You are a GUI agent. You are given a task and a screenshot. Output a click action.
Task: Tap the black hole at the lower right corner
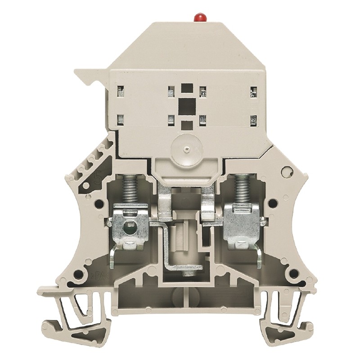[293, 274]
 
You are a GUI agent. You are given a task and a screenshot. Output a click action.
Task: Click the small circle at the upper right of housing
[284, 172]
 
